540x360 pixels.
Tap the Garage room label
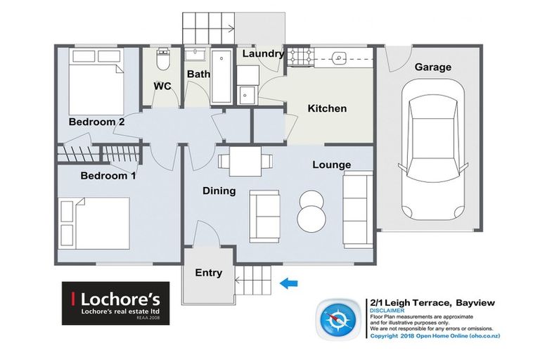(432, 67)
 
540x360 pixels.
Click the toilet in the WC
(163, 60)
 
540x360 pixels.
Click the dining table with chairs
(243, 161)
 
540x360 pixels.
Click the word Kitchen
(327, 108)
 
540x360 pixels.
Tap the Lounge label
(332, 165)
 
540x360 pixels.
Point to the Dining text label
(219, 191)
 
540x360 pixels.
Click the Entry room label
(208, 273)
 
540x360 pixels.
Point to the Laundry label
(262, 53)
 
